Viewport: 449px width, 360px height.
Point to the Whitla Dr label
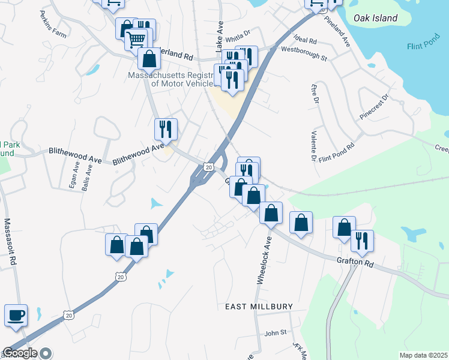[237, 38]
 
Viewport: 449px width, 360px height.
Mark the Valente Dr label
[313, 147]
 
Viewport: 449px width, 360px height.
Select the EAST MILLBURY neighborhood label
[259, 307]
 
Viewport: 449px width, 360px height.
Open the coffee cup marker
[16, 314]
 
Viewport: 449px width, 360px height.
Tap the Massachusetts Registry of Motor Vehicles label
[170, 79]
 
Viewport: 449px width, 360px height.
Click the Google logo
[20, 353]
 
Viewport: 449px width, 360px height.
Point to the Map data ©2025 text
[423, 355]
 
